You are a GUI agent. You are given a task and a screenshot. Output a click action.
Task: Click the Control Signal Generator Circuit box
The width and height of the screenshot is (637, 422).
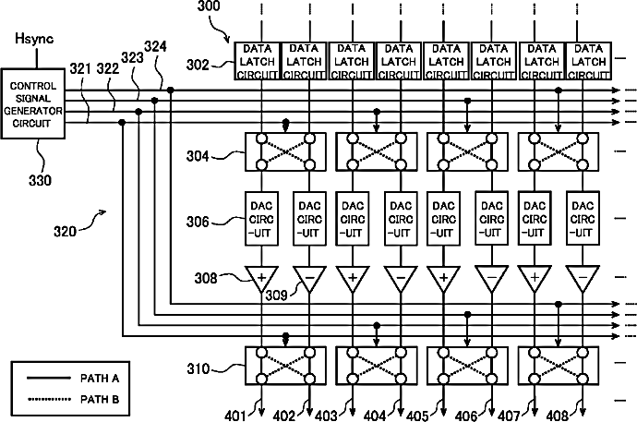(x=33, y=104)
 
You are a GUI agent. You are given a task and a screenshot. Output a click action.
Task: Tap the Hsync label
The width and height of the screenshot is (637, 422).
(x=34, y=39)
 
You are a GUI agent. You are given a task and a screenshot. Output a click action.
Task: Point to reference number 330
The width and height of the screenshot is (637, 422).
(x=40, y=180)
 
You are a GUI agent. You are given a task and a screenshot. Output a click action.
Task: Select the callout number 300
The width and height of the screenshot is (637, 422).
(x=209, y=6)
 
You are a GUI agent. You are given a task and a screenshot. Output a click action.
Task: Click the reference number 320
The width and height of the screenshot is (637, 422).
(x=65, y=232)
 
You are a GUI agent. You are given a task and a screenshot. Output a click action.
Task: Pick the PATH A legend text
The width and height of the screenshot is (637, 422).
(x=100, y=379)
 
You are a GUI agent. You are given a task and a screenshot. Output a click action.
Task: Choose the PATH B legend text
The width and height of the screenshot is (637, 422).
(x=100, y=400)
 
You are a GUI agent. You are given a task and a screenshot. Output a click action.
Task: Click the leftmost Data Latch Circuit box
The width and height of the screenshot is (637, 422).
(x=258, y=61)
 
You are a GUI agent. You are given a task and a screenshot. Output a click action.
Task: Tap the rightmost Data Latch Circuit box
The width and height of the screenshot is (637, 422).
(x=589, y=61)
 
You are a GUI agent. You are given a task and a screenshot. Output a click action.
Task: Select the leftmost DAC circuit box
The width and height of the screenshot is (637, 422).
(x=261, y=219)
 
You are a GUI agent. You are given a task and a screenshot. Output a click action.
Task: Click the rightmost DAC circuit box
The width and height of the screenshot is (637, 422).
(x=583, y=219)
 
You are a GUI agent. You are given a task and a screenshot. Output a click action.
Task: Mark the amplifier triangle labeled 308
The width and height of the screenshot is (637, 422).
(x=261, y=279)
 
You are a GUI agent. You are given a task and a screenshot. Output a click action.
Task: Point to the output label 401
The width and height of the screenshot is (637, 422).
(x=235, y=416)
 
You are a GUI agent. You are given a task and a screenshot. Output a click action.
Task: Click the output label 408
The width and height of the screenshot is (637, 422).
(x=558, y=416)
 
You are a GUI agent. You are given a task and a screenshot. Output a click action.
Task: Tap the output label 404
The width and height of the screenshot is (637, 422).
(x=375, y=416)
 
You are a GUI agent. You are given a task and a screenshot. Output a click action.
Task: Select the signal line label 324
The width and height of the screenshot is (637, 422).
(x=156, y=47)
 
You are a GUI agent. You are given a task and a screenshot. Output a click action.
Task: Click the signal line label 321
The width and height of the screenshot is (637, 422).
(x=80, y=69)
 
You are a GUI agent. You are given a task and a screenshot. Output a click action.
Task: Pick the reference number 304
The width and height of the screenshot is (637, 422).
(x=198, y=156)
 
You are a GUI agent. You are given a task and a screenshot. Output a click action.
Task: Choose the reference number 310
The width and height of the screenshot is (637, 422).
(x=198, y=368)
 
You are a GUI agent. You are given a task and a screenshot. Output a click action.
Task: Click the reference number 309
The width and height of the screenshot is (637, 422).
(x=277, y=295)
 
